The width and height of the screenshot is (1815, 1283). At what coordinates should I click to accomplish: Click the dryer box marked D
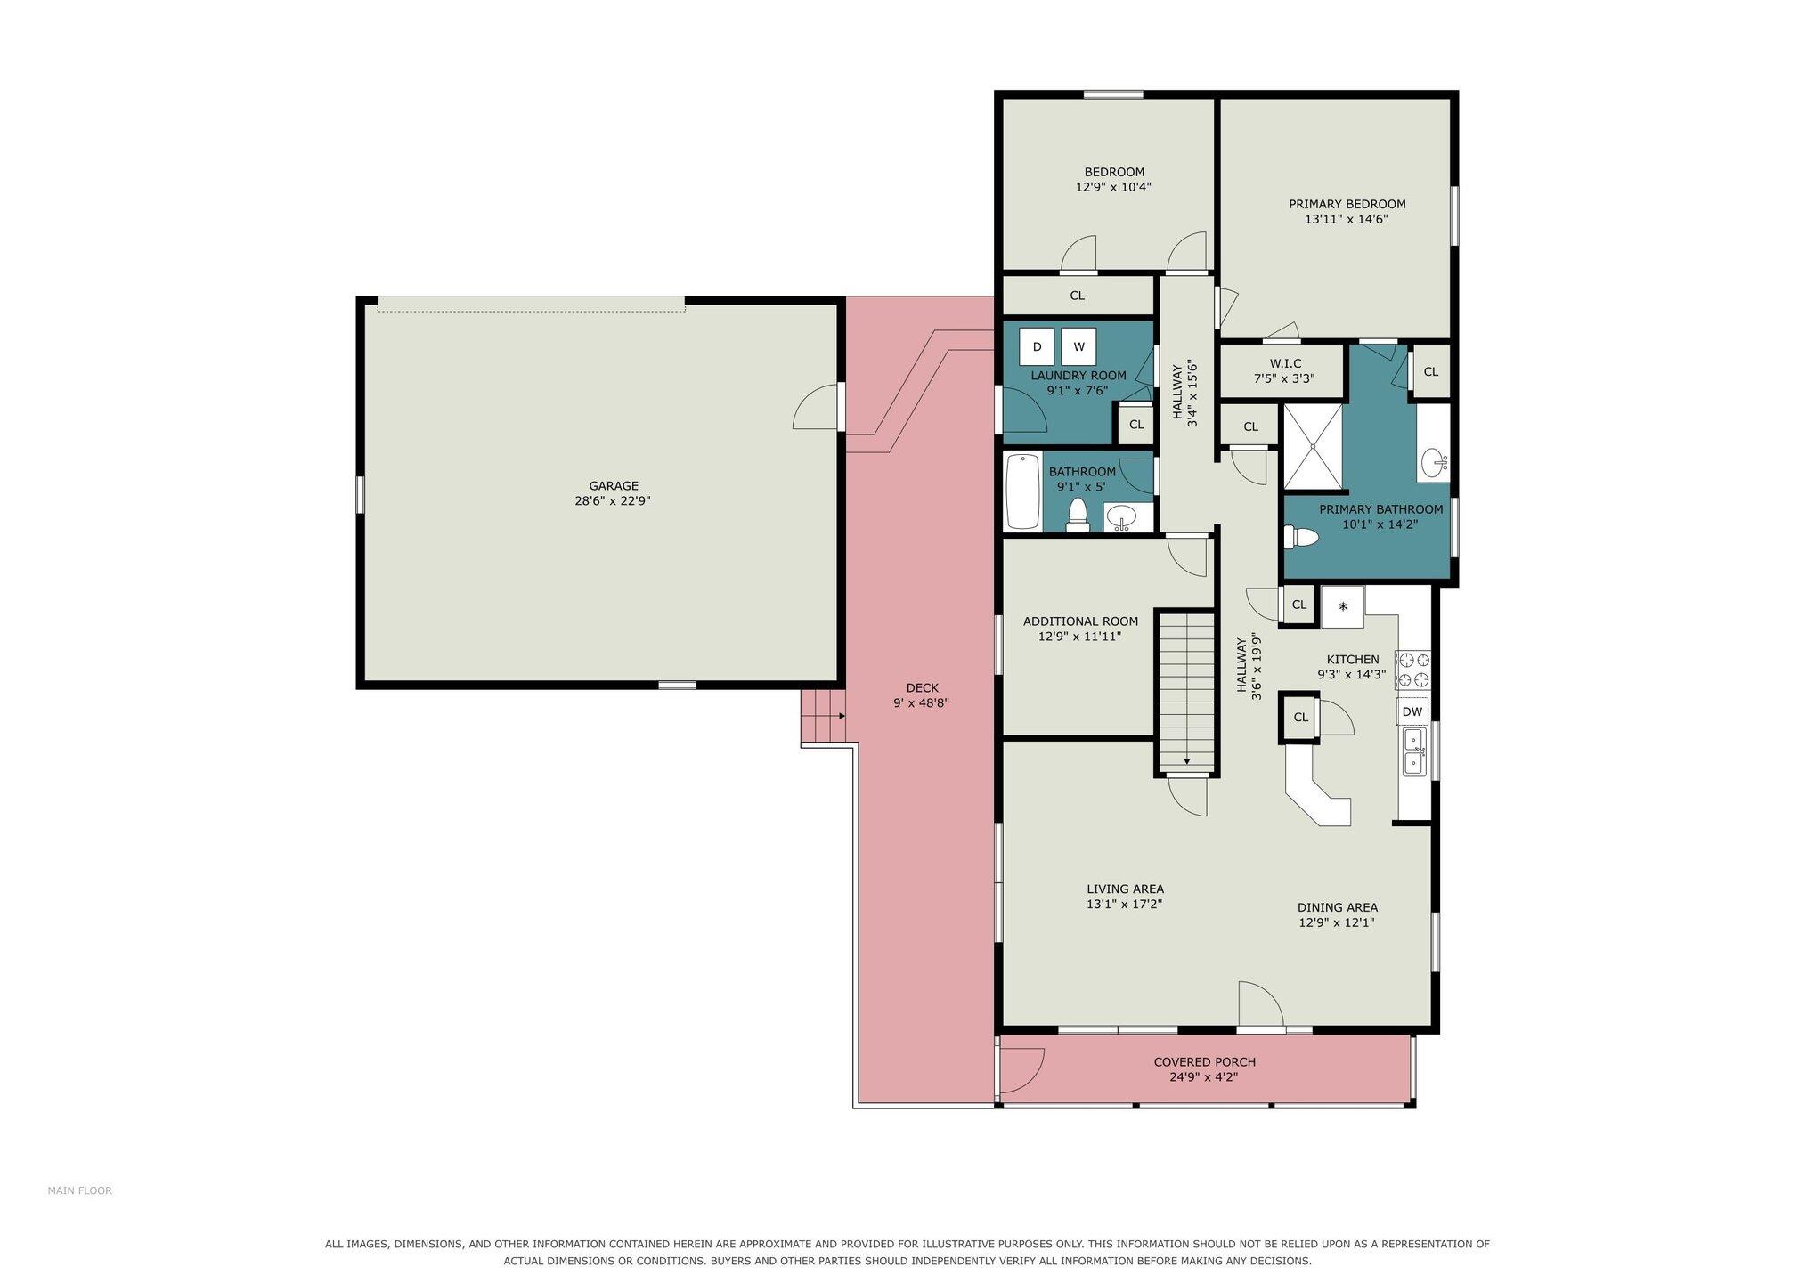tap(1037, 346)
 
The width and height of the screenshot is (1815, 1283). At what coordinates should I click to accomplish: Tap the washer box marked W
tap(1078, 346)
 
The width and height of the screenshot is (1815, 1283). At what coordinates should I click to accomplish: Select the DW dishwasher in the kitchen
tap(1412, 711)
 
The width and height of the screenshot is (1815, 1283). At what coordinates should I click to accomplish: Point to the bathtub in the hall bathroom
tap(1023, 492)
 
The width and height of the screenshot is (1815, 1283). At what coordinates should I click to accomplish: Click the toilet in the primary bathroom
tap(1300, 537)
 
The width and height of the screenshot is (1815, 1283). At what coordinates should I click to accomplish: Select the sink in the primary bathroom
tap(1434, 462)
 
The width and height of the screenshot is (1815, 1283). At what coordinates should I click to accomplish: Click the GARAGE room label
tap(614, 486)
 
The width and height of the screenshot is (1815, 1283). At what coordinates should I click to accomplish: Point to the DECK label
tap(923, 688)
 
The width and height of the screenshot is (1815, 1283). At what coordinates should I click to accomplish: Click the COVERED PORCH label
tap(1205, 1062)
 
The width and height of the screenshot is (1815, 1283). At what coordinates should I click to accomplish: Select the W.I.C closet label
tap(1285, 363)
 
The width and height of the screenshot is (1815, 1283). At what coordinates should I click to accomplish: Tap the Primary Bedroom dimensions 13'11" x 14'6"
tap(1347, 219)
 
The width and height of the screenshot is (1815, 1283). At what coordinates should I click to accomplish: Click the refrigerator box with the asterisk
tap(1343, 607)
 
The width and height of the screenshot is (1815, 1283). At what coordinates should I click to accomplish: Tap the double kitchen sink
tap(1413, 751)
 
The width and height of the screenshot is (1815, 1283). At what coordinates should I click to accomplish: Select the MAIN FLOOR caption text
tap(80, 1190)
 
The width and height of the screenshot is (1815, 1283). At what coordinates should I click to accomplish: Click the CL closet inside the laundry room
tap(1135, 425)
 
